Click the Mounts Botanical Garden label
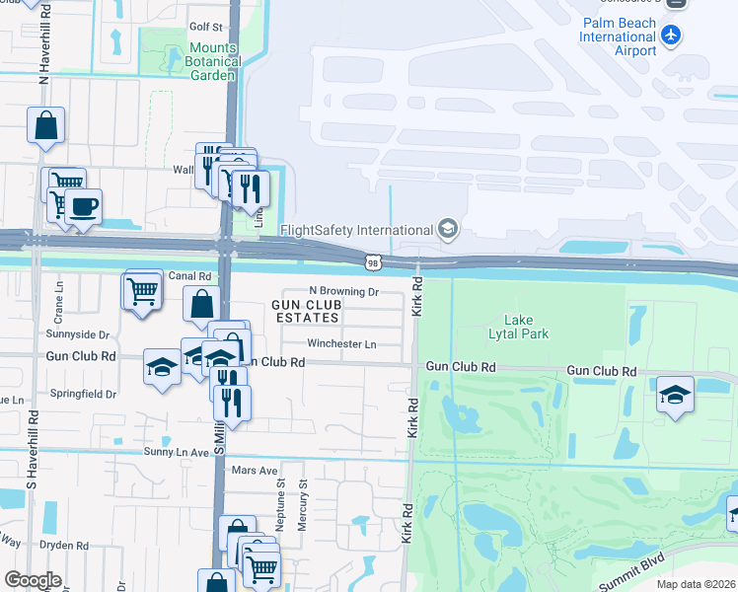(x=213, y=61)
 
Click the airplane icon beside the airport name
(x=671, y=37)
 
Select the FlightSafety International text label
(x=357, y=230)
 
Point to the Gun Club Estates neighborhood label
(x=306, y=312)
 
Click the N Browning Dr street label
(x=343, y=291)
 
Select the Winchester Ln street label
(x=341, y=344)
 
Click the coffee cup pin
(x=84, y=207)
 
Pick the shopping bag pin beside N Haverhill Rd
(x=45, y=126)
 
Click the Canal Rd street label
(x=190, y=276)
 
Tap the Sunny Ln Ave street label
(x=178, y=452)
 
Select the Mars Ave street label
(x=255, y=471)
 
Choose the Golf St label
(x=205, y=26)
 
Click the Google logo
(x=33, y=580)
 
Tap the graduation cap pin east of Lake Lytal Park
(x=676, y=396)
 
